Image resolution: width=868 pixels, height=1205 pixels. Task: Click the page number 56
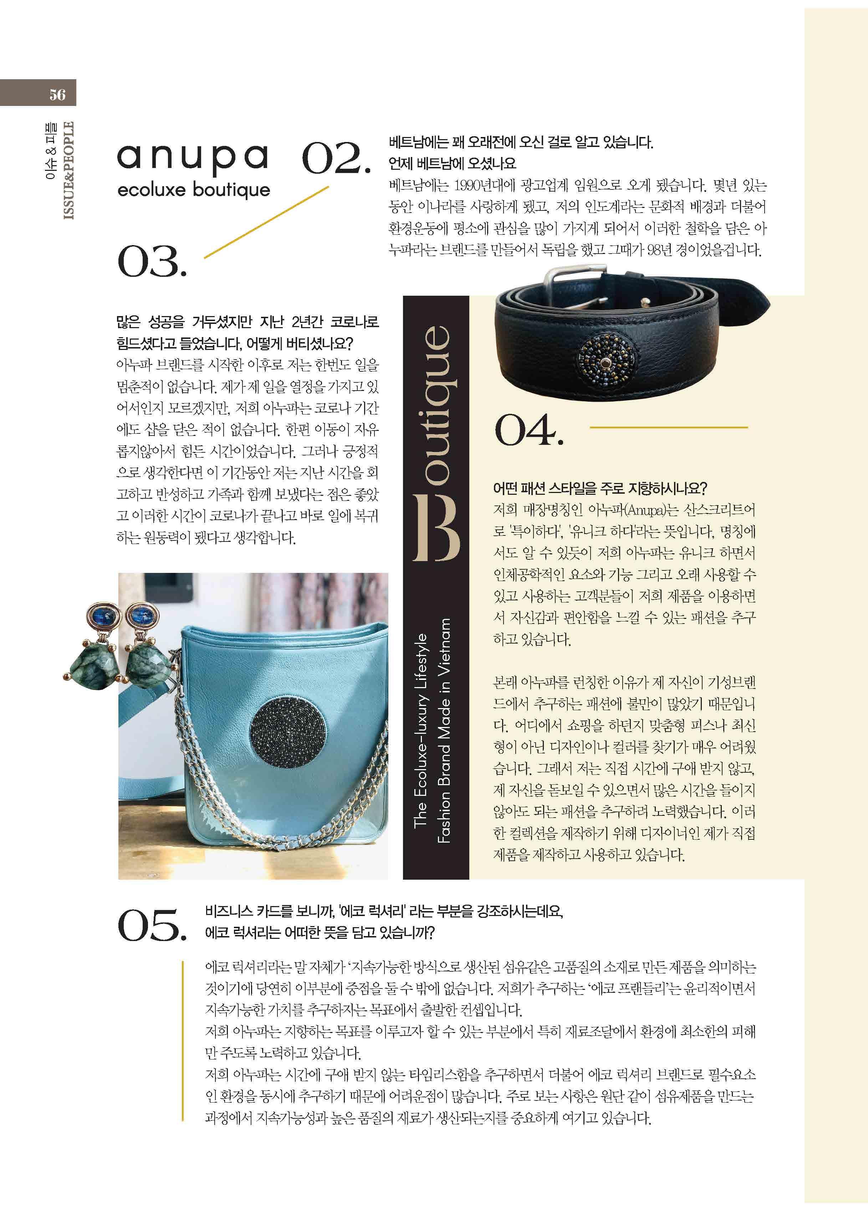pos(57,95)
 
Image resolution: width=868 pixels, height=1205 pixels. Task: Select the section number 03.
pos(152,261)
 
